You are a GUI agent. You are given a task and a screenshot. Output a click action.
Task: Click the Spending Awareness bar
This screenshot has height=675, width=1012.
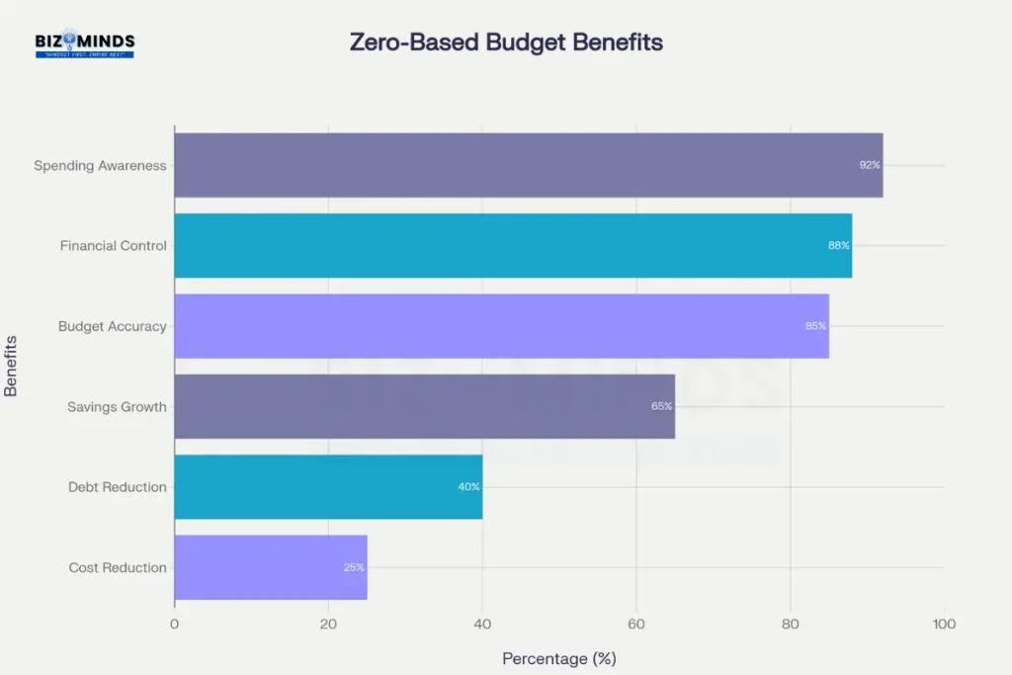click(x=528, y=165)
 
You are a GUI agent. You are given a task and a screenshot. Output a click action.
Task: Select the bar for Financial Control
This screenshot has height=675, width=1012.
click(x=512, y=245)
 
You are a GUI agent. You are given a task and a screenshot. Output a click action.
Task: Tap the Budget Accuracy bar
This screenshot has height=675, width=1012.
click(x=501, y=326)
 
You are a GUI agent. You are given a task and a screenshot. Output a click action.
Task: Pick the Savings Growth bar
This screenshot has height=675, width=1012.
click(x=424, y=406)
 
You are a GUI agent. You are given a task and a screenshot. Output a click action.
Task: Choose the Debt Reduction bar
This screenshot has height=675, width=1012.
click(x=328, y=486)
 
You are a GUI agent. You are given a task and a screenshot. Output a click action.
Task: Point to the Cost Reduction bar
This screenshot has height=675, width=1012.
click(x=270, y=567)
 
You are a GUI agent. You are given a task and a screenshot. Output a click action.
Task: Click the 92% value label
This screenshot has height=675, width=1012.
click(x=869, y=165)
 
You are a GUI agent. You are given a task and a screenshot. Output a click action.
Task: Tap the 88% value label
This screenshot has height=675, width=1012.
click(x=838, y=245)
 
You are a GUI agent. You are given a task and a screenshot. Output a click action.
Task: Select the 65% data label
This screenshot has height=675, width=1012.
click(x=661, y=406)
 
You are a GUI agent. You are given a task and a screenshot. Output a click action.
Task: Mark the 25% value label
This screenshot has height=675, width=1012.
click(x=354, y=567)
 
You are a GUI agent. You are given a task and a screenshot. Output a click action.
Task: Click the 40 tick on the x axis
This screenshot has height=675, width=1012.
click(x=482, y=624)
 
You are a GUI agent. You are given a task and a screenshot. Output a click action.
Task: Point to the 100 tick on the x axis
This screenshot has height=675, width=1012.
click(x=944, y=624)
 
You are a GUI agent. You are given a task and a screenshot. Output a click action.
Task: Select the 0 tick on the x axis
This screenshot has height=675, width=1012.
click(x=175, y=624)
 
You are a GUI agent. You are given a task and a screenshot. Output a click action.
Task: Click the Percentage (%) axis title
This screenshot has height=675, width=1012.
click(x=558, y=658)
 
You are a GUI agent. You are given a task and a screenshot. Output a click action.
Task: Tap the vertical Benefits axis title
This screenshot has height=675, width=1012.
click(x=12, y=366)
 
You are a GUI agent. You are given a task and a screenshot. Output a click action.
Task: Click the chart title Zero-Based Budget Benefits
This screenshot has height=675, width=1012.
click(x=506, y=42)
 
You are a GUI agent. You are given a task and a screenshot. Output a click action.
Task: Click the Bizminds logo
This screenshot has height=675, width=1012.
click(x=84, y=43)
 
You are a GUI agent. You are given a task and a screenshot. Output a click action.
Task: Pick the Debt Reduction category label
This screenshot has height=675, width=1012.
click(x=117, y=487)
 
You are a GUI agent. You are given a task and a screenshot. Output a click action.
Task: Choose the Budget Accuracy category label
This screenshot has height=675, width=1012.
click(x=112, y=326)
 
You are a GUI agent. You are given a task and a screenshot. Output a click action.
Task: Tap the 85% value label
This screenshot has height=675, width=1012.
click(x=815, y=326)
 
